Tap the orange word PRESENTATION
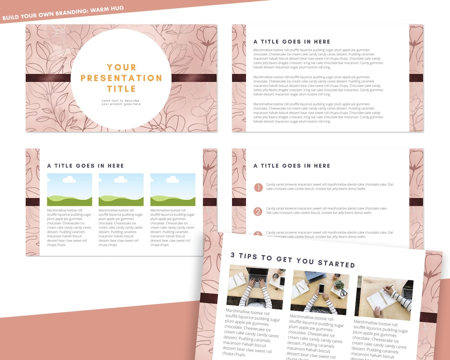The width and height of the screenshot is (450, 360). pos(121,78)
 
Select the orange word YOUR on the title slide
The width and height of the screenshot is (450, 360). pos(121,67)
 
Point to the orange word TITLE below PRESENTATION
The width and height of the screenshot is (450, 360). pos(121,89)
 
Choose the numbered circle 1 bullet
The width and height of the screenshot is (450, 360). pos(258,187)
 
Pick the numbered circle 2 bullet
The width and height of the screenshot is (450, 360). pos(258,212)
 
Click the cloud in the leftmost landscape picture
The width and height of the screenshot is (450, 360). pos(69,180)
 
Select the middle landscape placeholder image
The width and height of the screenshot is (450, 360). pos(121,189)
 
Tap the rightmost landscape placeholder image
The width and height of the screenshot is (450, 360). pos(172,189)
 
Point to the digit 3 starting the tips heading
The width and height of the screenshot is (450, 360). pos(233,255)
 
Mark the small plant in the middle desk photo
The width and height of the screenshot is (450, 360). pos(339,284)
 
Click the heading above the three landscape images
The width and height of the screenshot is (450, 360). pos(85,166)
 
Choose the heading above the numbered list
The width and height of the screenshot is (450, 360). pos(292,166)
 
